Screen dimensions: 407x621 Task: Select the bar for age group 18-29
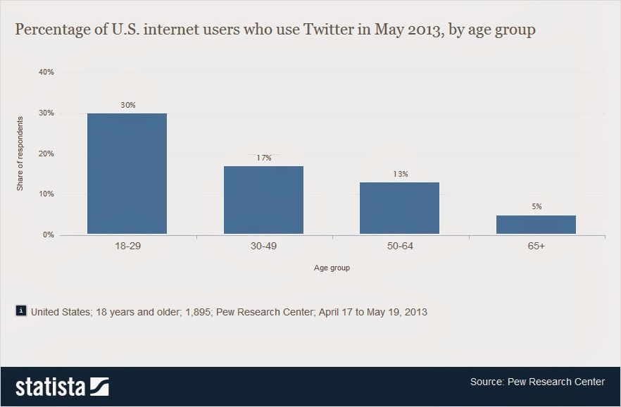click(127, 173)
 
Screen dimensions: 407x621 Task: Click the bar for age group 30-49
click(263, 200)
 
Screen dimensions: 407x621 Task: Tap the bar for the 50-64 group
click(399, 208)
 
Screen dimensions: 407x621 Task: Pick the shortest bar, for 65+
click(536, 225)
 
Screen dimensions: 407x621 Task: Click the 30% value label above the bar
click(127, 105)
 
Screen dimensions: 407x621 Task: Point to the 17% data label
click(263, 158)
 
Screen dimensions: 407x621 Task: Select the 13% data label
click(399, 174)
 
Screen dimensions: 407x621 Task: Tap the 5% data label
click(536, 206)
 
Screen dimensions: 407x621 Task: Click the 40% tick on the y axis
click(46, 72)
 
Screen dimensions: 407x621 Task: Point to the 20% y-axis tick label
click(46, 154)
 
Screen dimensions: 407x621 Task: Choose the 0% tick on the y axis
click(48, 234)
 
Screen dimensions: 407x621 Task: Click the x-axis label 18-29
click(127, 248)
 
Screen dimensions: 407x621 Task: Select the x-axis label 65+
click(536, 248)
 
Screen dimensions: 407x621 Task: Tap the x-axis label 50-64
click(399, 248)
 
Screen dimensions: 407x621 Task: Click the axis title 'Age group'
click(332, 268)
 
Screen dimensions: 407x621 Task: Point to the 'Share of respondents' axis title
click(20, 154)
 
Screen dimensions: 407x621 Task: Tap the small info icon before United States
click(21, 311)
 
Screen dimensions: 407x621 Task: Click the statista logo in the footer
click(62, 387)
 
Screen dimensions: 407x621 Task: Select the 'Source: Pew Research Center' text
click(537, 382)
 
